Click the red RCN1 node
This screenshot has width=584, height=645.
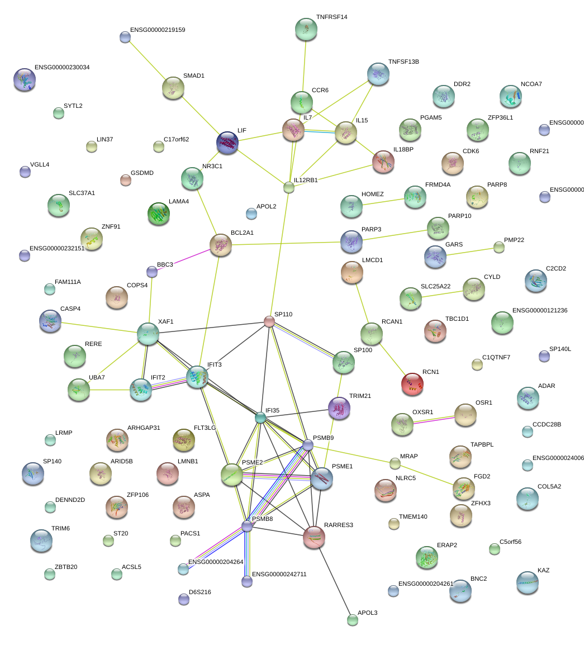click(412, 384)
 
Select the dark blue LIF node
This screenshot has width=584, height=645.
click(227, 143)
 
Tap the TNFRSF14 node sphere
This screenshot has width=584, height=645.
click(305, 30)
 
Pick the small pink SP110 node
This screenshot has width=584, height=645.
click(269, 321)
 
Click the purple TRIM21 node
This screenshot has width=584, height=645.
click(339, 408)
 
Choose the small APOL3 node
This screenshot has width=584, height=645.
click(352, 619)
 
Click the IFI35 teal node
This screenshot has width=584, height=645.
click(260, 418)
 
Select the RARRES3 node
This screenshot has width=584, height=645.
click(314, 537)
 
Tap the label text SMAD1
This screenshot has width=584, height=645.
click(194, 75)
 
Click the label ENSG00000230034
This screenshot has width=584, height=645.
click(62, 67)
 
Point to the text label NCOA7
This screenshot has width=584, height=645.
click(531, 84)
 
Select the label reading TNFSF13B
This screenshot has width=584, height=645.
click(403, 61)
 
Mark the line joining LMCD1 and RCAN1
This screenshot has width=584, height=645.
click(362, 302)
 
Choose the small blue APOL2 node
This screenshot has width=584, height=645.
click(251, 213)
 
